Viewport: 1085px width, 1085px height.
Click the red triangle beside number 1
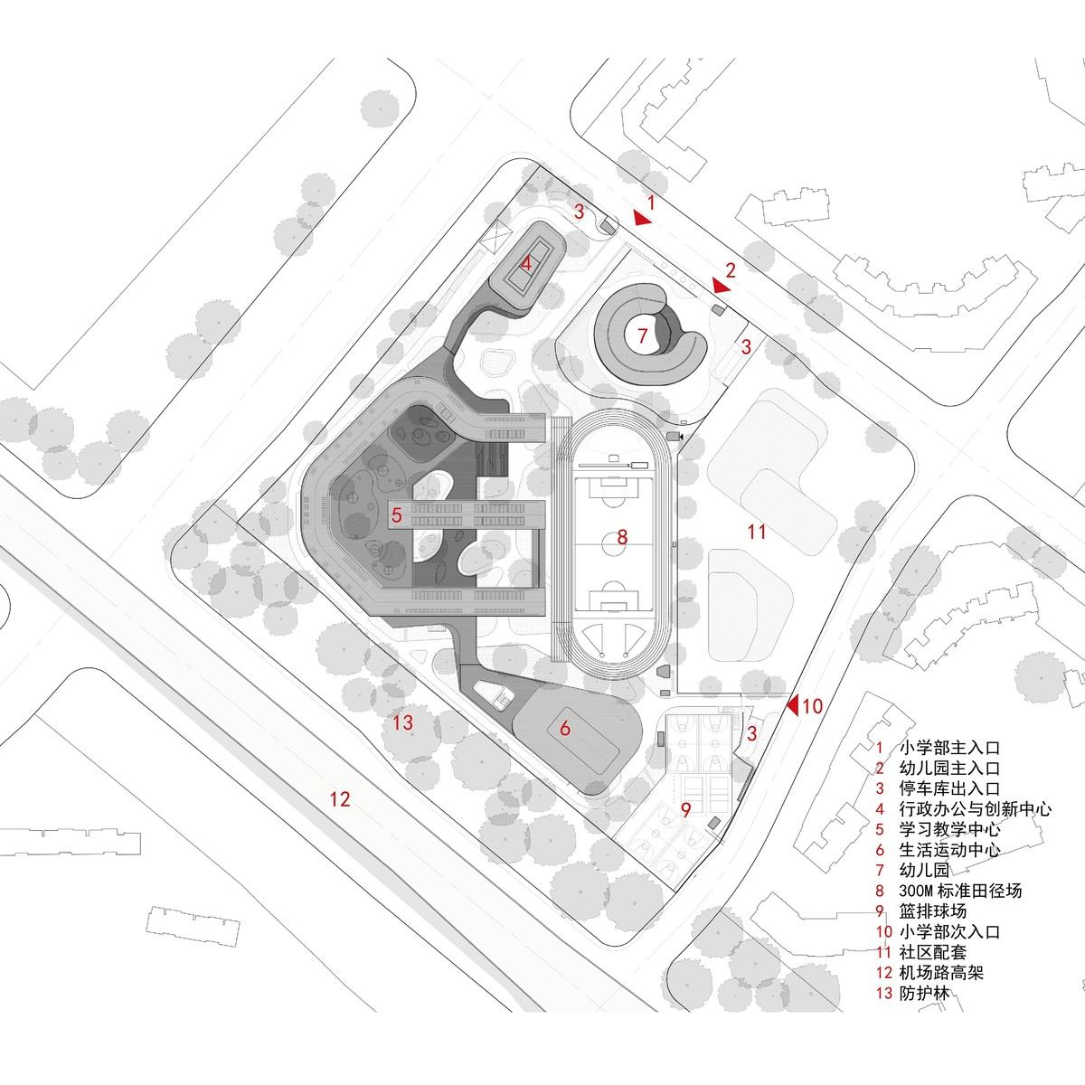(x=641, y=218)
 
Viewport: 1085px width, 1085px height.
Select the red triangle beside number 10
(x=793, y=705)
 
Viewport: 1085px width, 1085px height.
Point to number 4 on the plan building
(x=526, y=263)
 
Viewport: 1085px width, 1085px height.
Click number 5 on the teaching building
(x=396, y=514)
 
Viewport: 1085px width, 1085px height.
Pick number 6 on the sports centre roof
(x=565, y=728)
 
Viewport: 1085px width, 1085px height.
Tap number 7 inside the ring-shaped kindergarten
(x=643, y=335)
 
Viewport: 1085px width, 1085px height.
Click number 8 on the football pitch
(x=621, y=537)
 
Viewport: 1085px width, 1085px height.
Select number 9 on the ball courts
(x=685, y=809)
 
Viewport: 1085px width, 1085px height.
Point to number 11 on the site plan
(x=757, y=531)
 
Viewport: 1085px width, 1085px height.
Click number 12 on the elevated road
(x=340, y=799)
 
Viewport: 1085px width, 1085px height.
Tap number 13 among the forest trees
(x=403, y=722)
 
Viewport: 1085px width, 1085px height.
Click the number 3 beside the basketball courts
(x=751, y=733)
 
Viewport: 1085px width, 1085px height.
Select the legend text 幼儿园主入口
(x=949, y=768)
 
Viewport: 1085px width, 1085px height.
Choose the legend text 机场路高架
(x=941, y=972)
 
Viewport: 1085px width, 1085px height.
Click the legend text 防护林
(x=924, y=992)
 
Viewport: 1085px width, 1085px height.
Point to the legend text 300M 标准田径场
(x=960, y=891)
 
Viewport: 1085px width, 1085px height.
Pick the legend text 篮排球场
(x=932, y=910)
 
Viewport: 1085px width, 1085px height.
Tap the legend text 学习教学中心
(x=949, y=829)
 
